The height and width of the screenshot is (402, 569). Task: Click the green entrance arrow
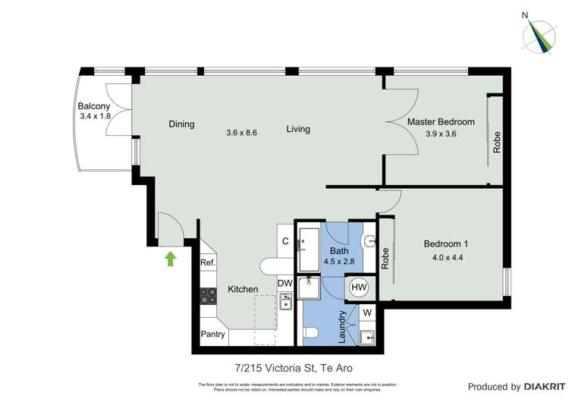tap(170, 259)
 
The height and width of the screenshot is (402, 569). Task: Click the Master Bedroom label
tap(441, 122)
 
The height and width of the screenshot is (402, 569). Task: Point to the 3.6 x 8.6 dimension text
tap(242, 132)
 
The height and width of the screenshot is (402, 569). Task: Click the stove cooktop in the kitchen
tap(208, 295)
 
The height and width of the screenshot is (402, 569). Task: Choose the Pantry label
tap(212, 334)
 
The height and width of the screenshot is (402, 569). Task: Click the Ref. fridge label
tap(208, 263)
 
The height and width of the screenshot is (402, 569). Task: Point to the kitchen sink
tap(286, 303)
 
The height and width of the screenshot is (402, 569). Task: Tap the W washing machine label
tap(366, 312)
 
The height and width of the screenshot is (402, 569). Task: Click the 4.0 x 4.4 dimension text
tap(445, 258)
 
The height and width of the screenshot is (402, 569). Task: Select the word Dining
tap(181, 124)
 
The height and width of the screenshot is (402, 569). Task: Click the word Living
tap(298, 129)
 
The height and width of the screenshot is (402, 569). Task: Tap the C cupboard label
tap(285, 241)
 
